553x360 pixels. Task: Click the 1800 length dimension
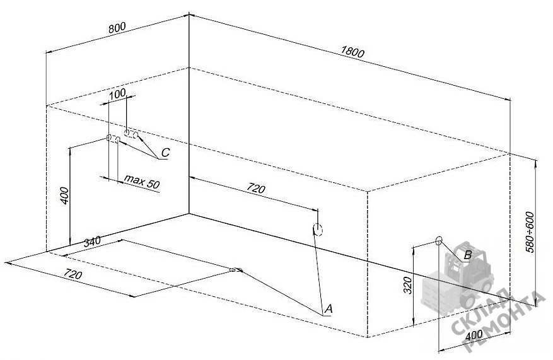click(352, 52)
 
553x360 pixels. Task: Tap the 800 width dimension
click(117, 28)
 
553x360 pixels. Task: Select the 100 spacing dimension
click(117, 94)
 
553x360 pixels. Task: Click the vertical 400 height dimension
click(64, 195)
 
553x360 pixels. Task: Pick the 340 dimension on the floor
click(92, 242)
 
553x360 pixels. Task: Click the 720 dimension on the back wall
click(256, 189)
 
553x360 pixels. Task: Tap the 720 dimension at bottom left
click(73, 274)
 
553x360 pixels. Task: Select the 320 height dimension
click(407, 285)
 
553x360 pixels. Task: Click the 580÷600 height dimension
click(530, 231)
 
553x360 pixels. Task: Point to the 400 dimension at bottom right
click(474, 335)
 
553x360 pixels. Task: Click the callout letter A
click(329, 309)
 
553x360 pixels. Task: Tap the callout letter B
click(468, 255)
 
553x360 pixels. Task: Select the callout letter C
click(165, 153)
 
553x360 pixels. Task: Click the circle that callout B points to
click(439, 241)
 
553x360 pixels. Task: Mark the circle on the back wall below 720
click(318, 229)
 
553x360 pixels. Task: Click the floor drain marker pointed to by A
click(236, 270)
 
